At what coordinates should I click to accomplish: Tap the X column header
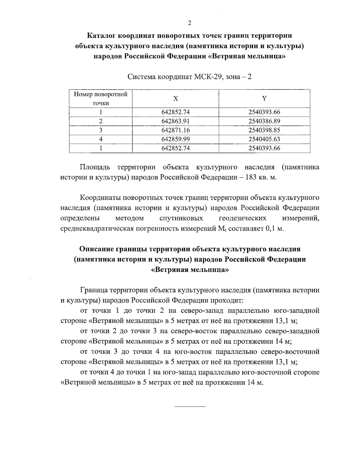point(176,99)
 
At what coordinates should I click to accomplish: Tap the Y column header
point(264,99)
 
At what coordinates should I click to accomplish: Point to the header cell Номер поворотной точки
point(101,99)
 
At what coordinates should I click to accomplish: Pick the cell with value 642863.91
point(176,121)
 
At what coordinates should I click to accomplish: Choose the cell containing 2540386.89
point(264,121)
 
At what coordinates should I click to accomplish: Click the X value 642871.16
point(176,130)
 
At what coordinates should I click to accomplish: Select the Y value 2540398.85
point(264,130)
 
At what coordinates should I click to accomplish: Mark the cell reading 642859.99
point(176,139)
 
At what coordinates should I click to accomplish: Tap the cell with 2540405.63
point(264,139)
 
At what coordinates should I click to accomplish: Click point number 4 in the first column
point(101,139)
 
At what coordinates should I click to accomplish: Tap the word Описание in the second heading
point(97,249)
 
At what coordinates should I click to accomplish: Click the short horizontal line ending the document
point(190,407)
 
